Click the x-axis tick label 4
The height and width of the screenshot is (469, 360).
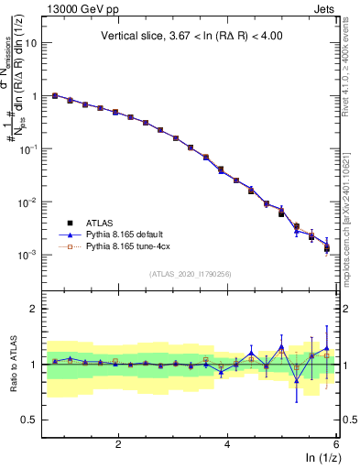pos(227,443)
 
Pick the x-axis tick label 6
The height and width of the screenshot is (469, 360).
pos(336,443)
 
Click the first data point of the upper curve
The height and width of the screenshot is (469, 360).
pos(55,94)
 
